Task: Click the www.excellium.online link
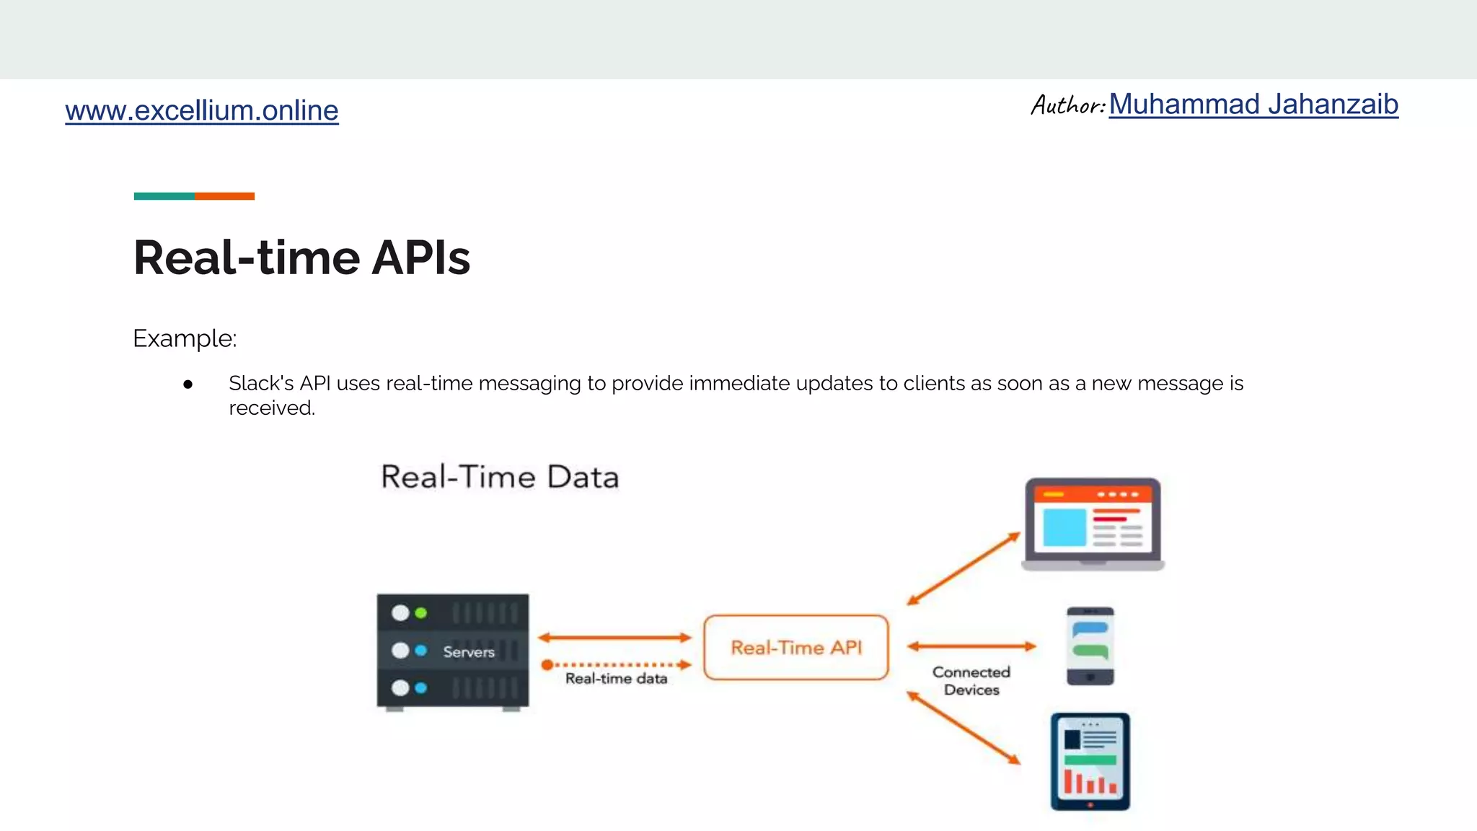pyautogui.click(x=201, y=110)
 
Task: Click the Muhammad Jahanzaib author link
pyautogui.click(x=1253, y=105)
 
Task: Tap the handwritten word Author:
pyautogui.click(x=1067, y=105)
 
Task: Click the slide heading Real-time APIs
pyautogui.click(x=301, y=258)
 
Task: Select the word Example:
pyautogui.click(x=185, y=338)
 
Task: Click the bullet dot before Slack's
pyautogui.click(x=188, y=384)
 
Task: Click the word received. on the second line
pyautogui.click(x=272, y=408)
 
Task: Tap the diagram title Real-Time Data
pyautogui.click(x=500, y=477)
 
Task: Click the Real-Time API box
pyautogui.click(x=795, y=647)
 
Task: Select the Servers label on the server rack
pyautogui.click(x=469, y=652)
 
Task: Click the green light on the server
pyautogui.click(x=421, y=613)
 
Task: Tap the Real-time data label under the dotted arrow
pyautogui.click(x=616, y=679)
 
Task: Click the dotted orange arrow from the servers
pyautogui.click(x=617, y=664)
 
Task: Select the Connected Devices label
pyautogui.click(x=971, y=681)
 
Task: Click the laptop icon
pyautogui.click(x=1092, y=524)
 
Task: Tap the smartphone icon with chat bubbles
pyautogui.click(x=1090, y=646)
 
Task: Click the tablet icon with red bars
pyautogui.click(x=1090, y=762)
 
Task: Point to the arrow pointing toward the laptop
pyautogui.click(x=964, y=568)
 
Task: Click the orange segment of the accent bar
pyautogui.click(x=224, y=196)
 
